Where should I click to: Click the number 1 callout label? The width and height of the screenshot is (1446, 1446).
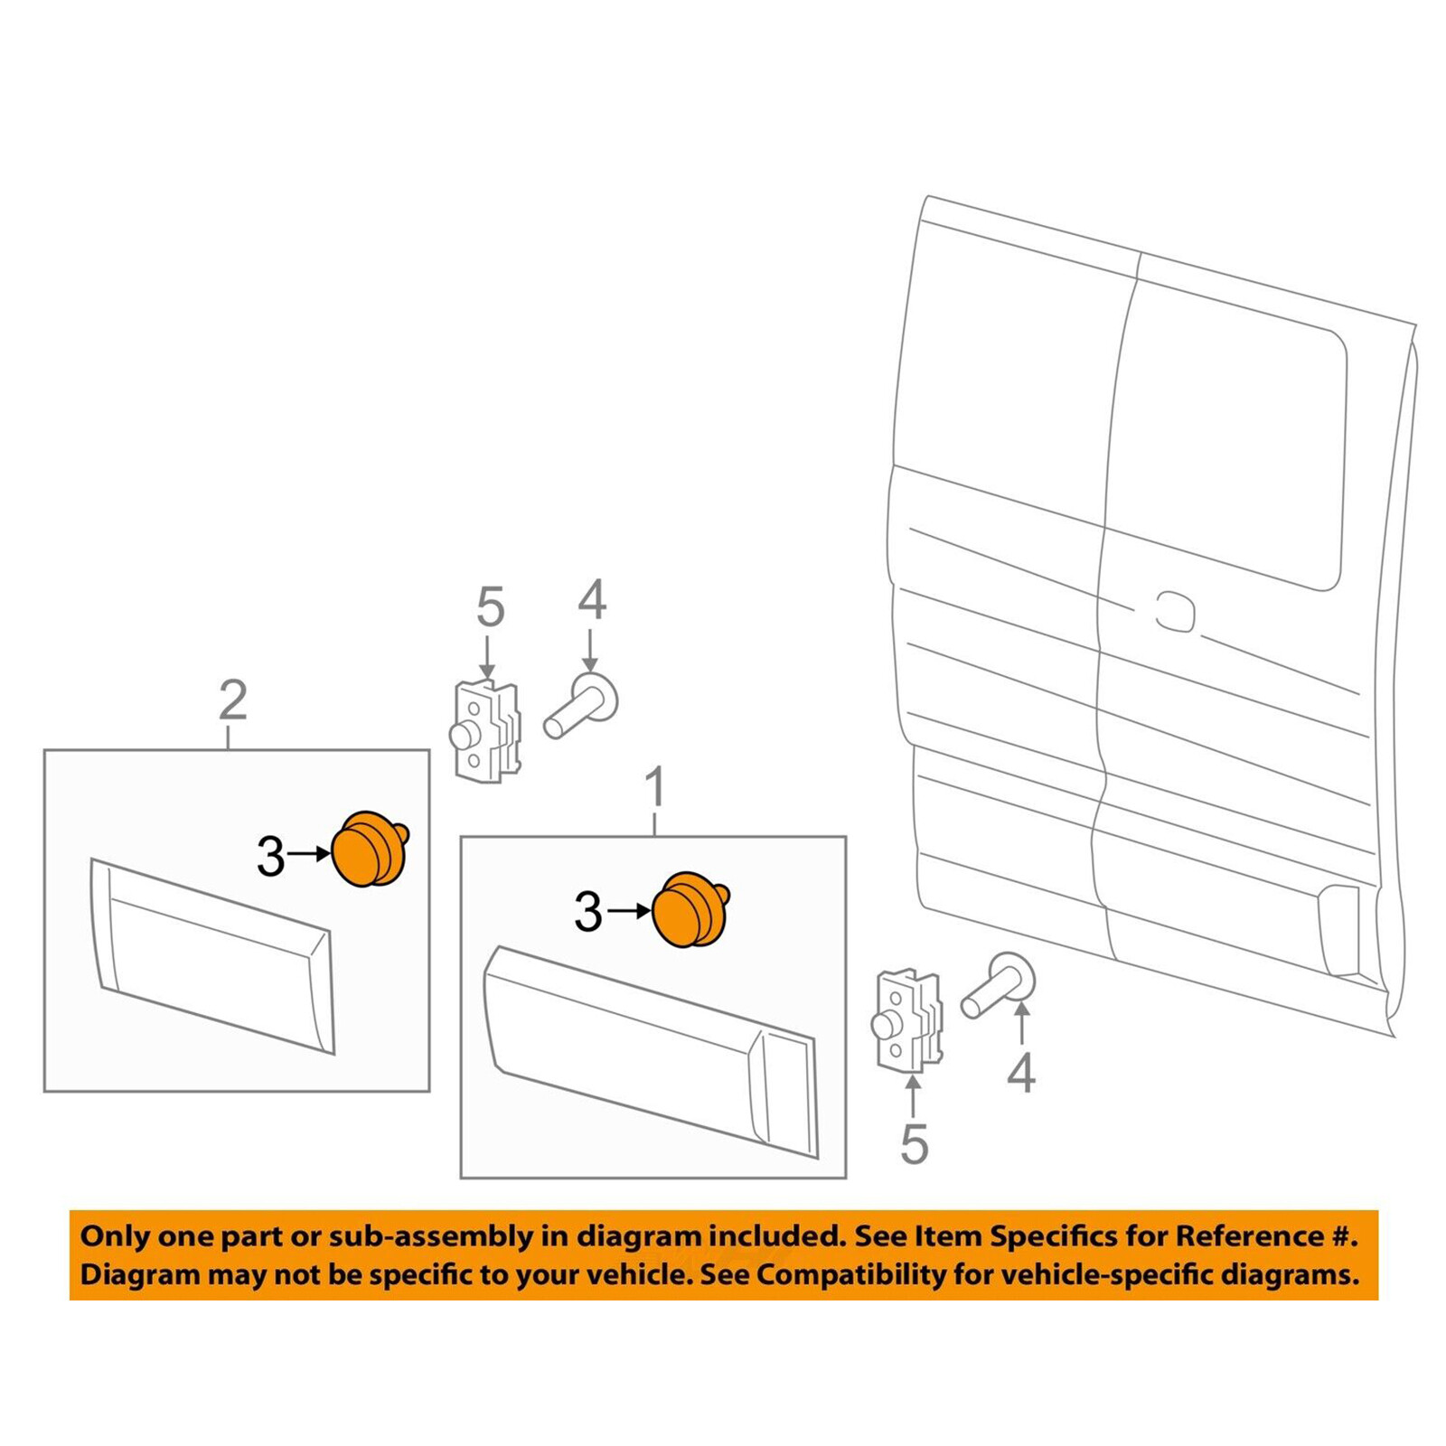click(x=655, y=787)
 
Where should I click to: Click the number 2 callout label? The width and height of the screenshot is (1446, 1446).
click(x=232, y=700)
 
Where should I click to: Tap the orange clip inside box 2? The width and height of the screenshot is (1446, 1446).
click(x=370, y=849)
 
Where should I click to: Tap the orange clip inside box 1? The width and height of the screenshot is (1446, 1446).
click(x=690, y=910)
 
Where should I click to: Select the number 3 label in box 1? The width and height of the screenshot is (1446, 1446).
click(x=587, y=913)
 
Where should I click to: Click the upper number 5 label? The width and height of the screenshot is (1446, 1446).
click(x=490, y=607)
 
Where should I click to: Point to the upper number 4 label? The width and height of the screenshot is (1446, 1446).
click(x=591, y=600)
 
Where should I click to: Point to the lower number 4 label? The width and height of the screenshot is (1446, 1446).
click(x=1020, y=1074)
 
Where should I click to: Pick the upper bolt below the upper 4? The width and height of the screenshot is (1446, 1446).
click(x=580, y=707)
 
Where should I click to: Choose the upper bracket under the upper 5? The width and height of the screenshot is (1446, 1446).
click(x=486, y=732)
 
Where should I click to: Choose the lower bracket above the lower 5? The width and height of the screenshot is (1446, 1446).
click(x=907, y=1021)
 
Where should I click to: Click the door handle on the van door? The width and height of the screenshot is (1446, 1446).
click(x=1175, y=611)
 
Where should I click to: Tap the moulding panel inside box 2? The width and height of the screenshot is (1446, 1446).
click(x=213, y=956)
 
